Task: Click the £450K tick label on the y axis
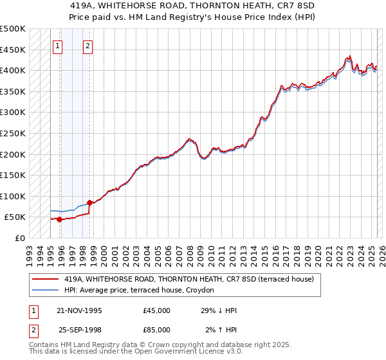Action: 13,50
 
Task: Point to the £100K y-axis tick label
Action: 13,196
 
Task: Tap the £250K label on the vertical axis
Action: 13,133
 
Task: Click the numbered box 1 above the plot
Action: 59,46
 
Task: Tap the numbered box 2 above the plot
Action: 87,46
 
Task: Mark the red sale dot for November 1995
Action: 59,219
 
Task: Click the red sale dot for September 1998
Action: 89,203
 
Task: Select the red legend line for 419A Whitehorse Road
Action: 44,279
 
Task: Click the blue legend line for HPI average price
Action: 44,291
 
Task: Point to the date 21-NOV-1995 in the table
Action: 80,310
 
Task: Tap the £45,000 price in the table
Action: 157,310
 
